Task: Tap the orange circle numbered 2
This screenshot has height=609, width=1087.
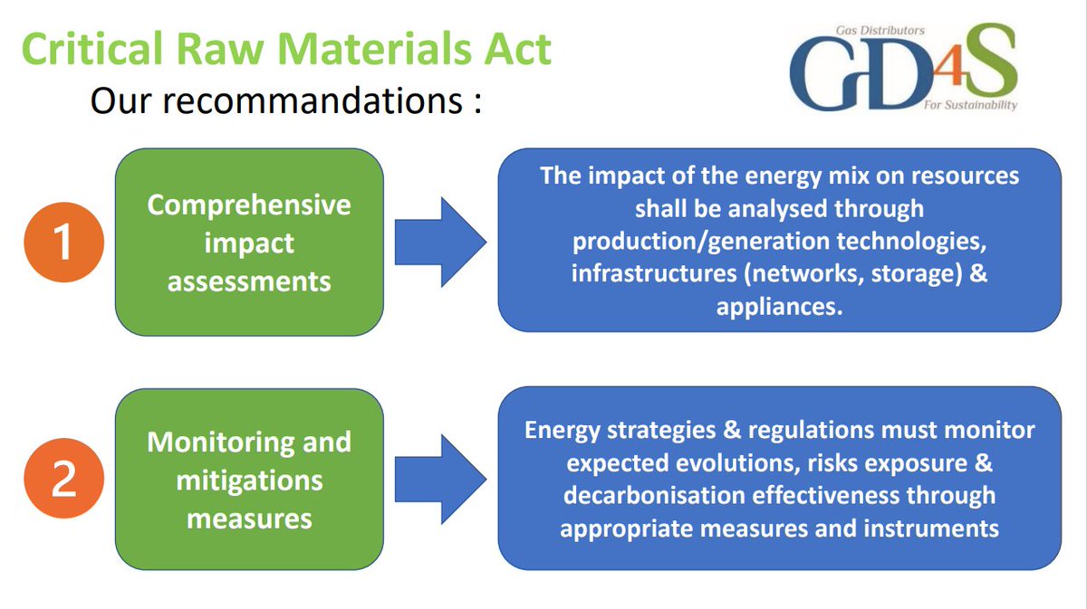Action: coord(63,480)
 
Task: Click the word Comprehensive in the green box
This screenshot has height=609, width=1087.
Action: coord(249,205)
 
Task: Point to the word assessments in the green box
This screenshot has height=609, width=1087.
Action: coord(249,281)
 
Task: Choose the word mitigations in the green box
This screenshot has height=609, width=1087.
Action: coord(249,481)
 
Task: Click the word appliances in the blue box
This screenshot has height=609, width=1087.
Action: coord(779,306)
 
